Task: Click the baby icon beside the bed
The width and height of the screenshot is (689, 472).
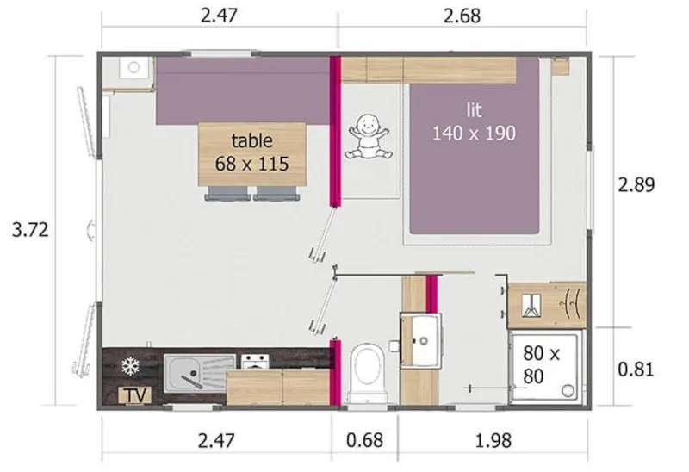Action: click(369, 138)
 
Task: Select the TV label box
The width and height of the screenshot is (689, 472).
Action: click(133, 395)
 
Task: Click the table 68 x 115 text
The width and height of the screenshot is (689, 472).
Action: click(252, 152)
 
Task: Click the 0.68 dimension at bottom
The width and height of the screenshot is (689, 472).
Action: click(365, 441)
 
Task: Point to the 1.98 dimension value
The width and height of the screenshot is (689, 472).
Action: click(493, 441)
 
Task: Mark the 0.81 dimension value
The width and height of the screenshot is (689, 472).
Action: click(636, 370)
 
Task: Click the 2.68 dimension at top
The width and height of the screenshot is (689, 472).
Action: click(462, 15)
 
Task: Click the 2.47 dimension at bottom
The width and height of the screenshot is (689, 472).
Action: click(216, 441)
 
